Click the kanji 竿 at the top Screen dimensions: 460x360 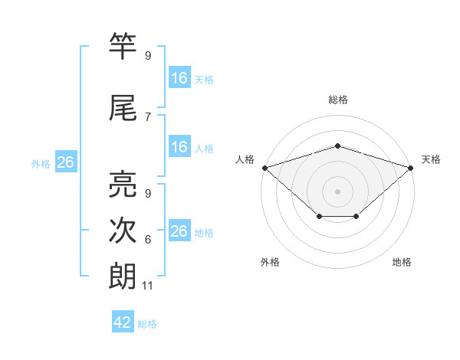tap(123, 45)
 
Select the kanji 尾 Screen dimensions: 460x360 tap(123, 107)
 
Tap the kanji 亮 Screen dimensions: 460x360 tap(123, 184)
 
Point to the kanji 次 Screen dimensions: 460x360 tap(123, 230)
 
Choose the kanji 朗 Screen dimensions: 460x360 tap(123, 277)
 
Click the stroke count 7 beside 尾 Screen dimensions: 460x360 tap(148, 117)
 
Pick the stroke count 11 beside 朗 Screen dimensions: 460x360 tap(147, 286)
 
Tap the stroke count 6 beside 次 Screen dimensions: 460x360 tap(148, 240)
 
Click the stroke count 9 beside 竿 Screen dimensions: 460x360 tap(148, 55)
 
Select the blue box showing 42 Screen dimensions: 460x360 tap(123, 321)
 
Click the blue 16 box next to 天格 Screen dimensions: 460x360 tap(180, 77)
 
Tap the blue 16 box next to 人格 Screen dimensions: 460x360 tap(180, 146)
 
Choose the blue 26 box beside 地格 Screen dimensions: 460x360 tap(180, 230)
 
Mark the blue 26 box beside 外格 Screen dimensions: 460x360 tap(66, 162)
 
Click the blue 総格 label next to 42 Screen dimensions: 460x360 tap(147, 324)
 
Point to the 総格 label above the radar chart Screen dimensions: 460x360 tap(338, 100)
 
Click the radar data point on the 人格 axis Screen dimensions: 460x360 tap(265, 168)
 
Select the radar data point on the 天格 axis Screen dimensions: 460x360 tap(411, 168)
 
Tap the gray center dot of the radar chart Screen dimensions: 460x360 tap(337, 191)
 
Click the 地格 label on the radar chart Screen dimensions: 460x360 tap(402, 262)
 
